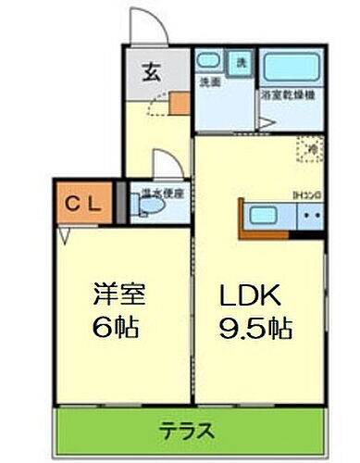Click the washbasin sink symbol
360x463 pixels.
click(209, 63)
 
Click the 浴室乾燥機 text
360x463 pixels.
click(288, 94)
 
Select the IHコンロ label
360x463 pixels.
click(305, 194)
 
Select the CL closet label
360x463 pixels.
click(84, 203)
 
